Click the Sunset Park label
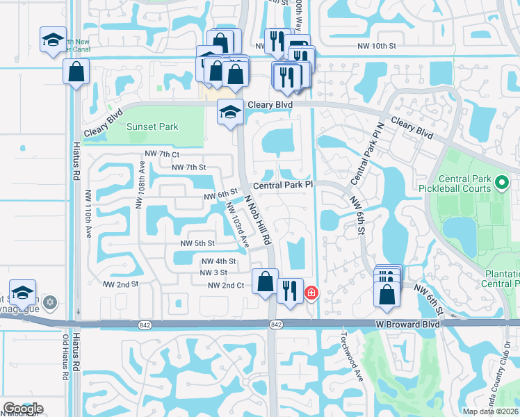(x=152, y=127)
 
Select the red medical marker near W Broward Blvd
(x=310, y=293)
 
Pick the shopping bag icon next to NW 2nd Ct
(x=265, y=282)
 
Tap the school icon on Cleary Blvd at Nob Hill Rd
(x=230, y=112)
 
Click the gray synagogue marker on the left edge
(x=49, y=302)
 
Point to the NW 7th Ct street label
(x=162, y=154)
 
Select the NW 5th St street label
(x=197, y=244)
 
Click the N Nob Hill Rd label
(x=257, y=218)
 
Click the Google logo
(x=23, y=409)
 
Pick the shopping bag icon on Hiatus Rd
(x=76, y=72)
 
